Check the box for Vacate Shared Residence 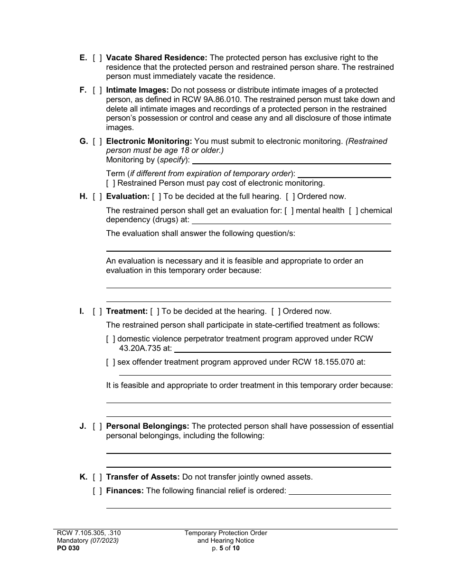pyautogui.click(x=97, y=58)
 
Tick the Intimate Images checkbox pyautogui.click(x=97, y=90)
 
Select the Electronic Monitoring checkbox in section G pyautogui.click(x=97, y=141)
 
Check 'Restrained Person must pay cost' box pyautogui.click(x=110, y=183)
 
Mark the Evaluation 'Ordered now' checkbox pyautogui.click(x=290, y=197)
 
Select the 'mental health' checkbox pyautogui.click(x=289, y=211)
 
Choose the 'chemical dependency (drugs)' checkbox pyautogui.click(x=353, y=211)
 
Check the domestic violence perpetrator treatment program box pyautogui.click(x=110, y=339)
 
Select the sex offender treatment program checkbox pyautogui.click(x=110, y=362)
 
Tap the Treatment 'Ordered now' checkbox pyautogui.click(x=275, y=311)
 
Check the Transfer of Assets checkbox pyautogui.click(x=97, y=477)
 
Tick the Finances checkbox pyautogui.click(x=97, y=491)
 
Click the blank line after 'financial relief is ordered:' pyautogui.click(x=339, y=492)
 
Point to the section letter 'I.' pyautogui.click(x=82, y=311)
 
